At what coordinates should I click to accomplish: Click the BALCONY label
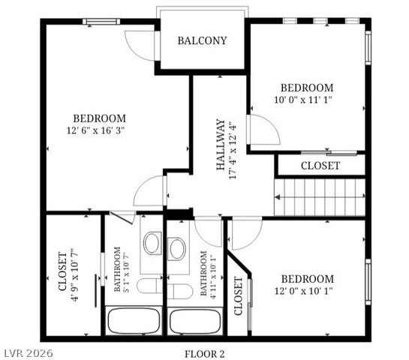202,40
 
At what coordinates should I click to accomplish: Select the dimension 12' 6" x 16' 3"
99,130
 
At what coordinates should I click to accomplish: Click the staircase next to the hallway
320,197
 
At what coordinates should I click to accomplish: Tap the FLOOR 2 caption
205,352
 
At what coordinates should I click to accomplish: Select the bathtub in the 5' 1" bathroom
133,321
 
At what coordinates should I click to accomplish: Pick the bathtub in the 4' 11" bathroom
194,321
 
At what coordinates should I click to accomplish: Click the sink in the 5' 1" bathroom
152,243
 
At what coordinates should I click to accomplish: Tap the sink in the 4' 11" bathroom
178,248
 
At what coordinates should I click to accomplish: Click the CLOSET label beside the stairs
320,166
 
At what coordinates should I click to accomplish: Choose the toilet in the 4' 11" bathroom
180,289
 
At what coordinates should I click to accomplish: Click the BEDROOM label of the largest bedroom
99,118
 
